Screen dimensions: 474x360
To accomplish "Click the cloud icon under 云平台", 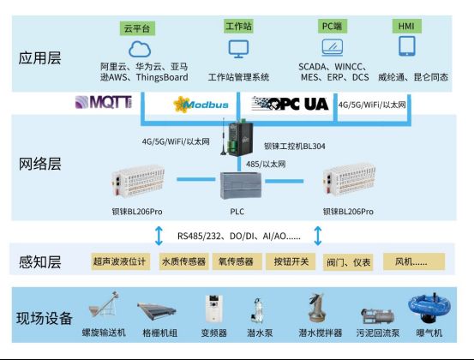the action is (x=140, y=49).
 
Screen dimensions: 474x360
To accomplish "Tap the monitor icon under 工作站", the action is (x=238, y=49).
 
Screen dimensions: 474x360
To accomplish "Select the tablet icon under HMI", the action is (x=407, y=46).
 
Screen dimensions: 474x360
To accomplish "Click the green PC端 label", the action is (x=333, y=27).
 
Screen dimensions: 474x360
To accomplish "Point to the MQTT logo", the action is (x=104, y=102).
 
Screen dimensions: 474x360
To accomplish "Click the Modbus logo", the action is (x=201, y=105).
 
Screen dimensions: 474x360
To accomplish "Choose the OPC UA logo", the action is (x=290, y=104).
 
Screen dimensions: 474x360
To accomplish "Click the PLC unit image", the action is (x=240, y=186).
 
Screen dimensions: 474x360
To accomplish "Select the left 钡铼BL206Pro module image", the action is (x=138, y=181).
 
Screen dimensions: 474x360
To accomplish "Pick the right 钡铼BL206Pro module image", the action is (x=349, y=179).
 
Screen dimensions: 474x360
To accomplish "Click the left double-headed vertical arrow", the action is (x=159, y=236).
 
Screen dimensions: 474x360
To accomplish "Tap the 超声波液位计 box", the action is (x=120, y=261).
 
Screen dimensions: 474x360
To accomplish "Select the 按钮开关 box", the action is (x=291, y=261).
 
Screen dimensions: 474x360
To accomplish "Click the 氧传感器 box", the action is (x=237, y=261).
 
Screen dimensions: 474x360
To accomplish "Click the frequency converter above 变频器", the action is (x=214, y=309).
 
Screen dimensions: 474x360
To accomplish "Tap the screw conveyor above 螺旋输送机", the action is (x=104, y=305).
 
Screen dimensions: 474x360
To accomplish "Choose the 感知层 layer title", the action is (x=40, y=262).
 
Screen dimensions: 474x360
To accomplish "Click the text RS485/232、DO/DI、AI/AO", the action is (x=239, y=236).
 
